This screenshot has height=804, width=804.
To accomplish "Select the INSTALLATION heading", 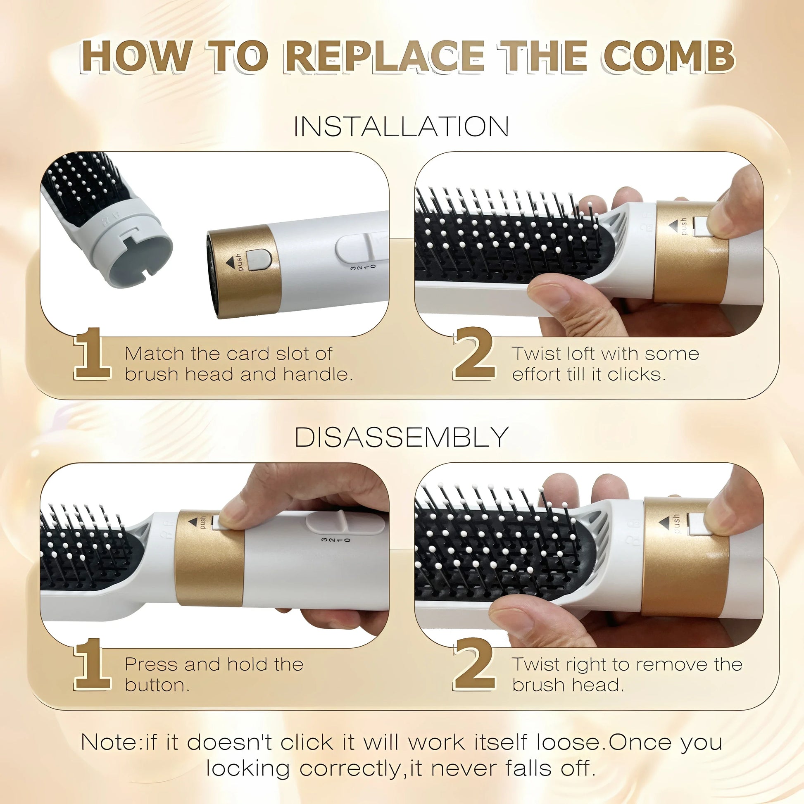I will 401,126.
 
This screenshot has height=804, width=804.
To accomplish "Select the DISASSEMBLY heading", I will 401,438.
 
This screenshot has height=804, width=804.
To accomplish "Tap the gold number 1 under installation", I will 93,354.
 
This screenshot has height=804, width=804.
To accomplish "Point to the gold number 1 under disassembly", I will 93,665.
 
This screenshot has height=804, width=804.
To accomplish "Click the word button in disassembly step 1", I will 157,685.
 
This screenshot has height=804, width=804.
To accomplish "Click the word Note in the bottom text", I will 109,742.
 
